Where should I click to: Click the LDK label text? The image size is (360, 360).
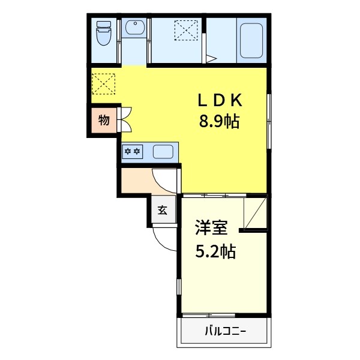pos(221,100)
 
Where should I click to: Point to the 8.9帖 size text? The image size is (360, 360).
pos(220,122)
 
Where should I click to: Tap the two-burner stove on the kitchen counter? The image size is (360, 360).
pos(132,151)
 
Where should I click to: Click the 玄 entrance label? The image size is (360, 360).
pos(163,210)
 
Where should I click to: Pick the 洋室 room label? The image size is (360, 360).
pos(211,229)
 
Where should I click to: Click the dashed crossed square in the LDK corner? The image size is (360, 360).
pos(103,83)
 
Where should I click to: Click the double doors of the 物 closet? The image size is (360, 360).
pos(126,119)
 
